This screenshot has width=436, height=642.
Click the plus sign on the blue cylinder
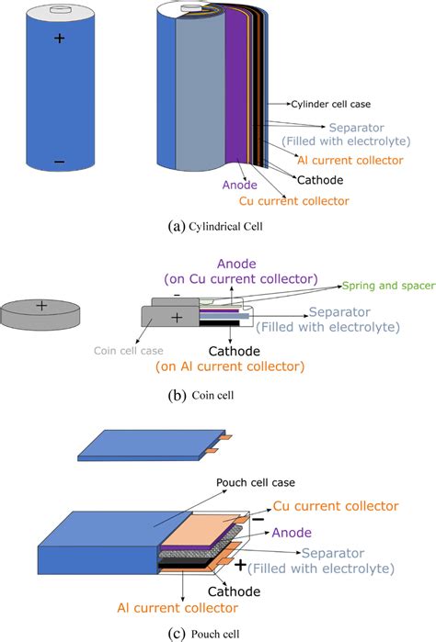point(60,38)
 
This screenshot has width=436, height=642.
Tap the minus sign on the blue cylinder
point(59,162)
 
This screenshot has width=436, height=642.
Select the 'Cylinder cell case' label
point(330,105)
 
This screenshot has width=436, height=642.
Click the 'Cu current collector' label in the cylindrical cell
point(294,201)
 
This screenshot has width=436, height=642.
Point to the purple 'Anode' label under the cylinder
point(240,185)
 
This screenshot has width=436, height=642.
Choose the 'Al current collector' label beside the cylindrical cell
point(350,160)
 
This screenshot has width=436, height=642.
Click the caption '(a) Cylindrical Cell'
point(215,227)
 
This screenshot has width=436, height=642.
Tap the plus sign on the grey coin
point(41,305)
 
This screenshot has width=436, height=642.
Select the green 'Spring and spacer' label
point(389,286)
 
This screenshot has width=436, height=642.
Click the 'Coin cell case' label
point(129,351)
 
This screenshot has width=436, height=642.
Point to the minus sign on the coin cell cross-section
point(177,295)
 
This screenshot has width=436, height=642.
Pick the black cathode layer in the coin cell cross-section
point(219,322)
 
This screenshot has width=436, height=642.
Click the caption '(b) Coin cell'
point(201,396)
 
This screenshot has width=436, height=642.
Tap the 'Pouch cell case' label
point(256,483)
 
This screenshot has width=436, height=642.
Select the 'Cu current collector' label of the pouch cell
point(336,506)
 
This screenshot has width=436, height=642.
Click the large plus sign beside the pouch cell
point(240,566)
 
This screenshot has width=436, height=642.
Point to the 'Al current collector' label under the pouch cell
point(178,608)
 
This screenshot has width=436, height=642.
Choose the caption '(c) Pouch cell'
point(204,635)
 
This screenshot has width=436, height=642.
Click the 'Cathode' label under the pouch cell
point(234,591)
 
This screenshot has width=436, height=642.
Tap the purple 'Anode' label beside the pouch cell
point(292,533)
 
